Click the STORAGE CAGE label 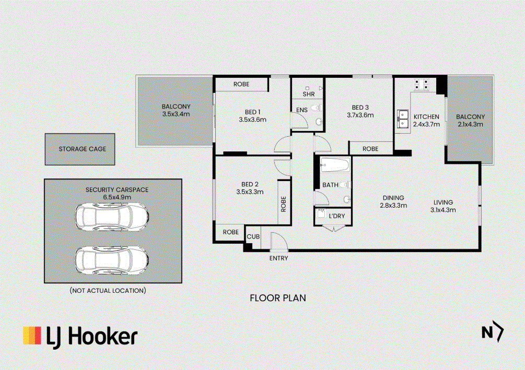tap(82, 149)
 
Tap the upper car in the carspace tap(111, 217)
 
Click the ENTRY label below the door tap(278, 258)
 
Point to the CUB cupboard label tap(253, 236)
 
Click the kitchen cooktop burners tap(422, 83)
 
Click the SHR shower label tap(308, 94)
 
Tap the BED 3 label tap(360, 108)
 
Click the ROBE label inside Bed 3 tap(370, 149)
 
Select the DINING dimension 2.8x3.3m tap(393, 205)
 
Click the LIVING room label tap(443, 202)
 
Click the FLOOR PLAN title tap(277, 298)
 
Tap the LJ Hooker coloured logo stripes tap(32, 335)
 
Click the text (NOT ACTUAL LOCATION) tap(108, 290)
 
